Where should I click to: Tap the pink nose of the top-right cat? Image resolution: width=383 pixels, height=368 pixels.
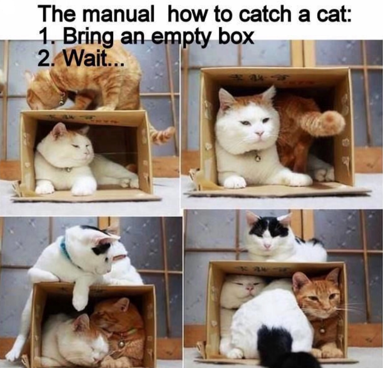[x=259, y=133]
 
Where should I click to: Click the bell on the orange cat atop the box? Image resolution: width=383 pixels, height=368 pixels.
[x=62, y=101]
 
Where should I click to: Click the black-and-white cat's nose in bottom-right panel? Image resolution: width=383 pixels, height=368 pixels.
[x=267, y=246]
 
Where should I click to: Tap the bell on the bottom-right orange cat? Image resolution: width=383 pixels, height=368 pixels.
[x=322, y=330]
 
